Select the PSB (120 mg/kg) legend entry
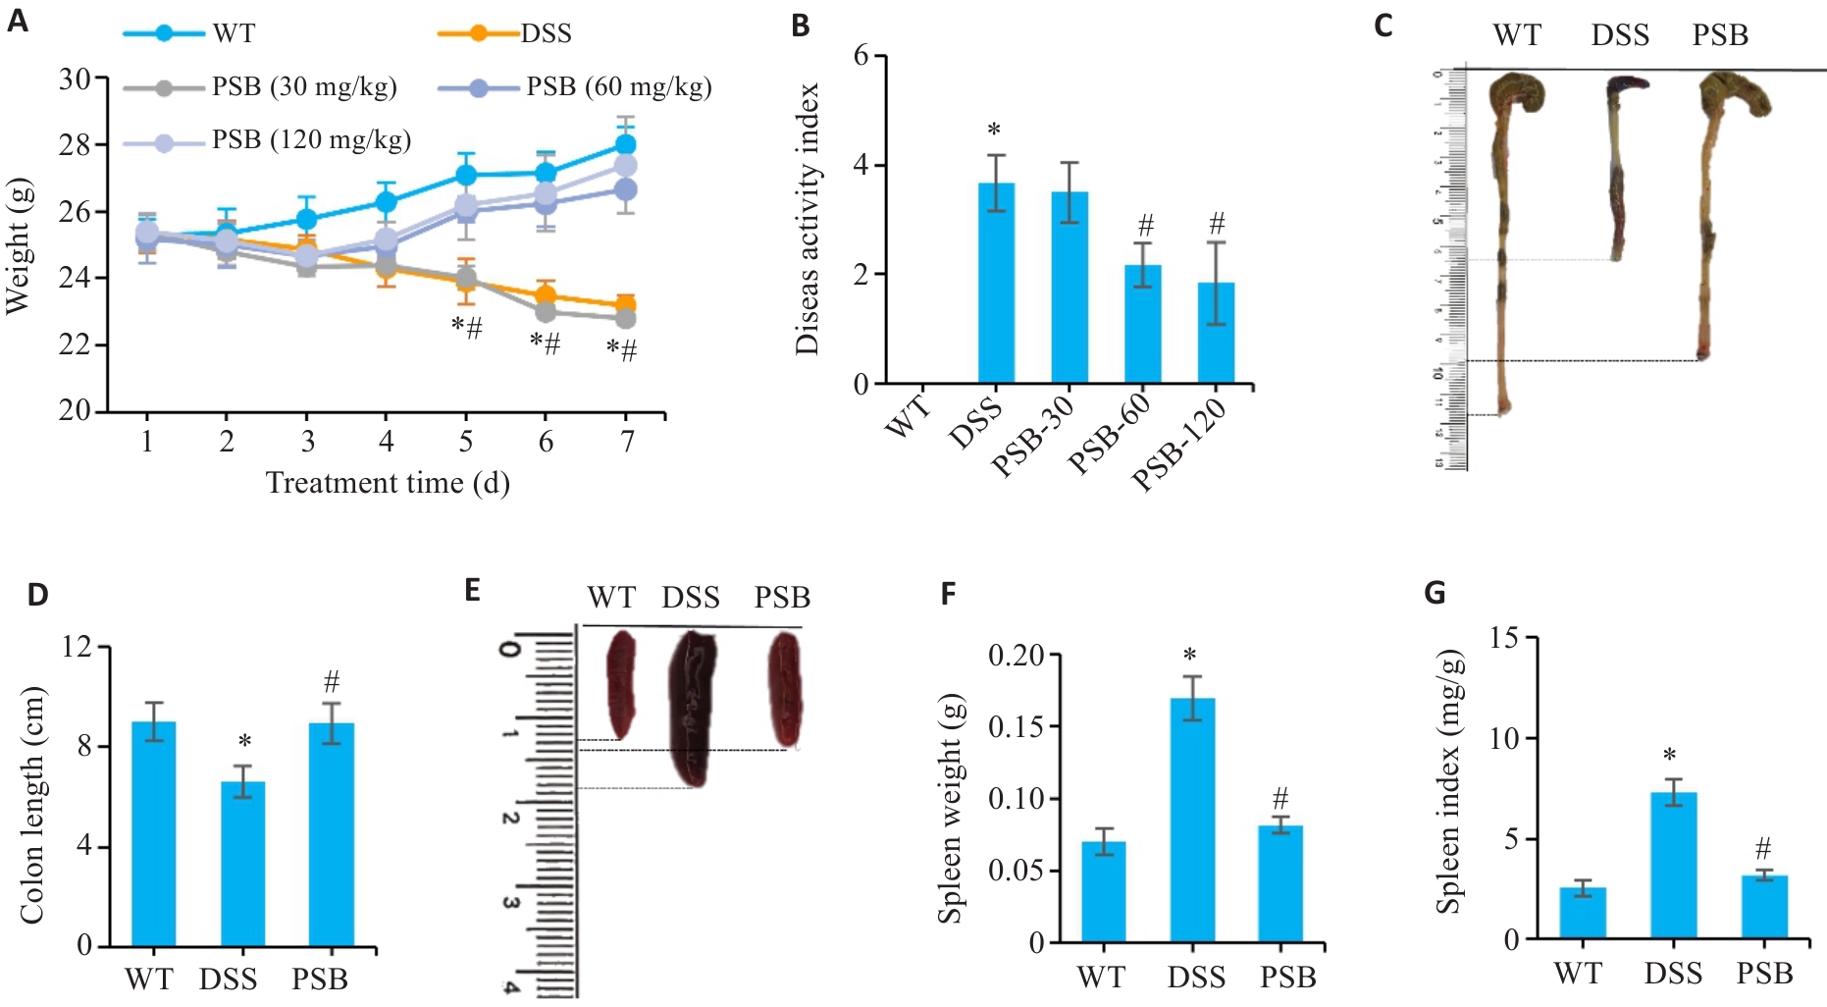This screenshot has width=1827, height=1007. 311,140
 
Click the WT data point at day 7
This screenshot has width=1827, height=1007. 626,145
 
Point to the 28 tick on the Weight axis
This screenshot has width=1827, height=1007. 75,145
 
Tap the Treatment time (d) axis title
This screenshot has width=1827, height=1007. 388,483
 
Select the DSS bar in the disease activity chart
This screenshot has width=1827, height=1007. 996,283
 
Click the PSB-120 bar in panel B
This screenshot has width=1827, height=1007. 1216,333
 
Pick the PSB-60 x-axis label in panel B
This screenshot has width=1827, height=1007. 1109,432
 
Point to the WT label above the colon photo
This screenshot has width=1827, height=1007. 1517,35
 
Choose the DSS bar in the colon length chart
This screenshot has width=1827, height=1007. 242,864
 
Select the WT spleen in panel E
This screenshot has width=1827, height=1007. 620,684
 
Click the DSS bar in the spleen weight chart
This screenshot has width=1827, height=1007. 1192,821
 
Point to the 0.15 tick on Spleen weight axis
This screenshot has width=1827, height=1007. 1016,726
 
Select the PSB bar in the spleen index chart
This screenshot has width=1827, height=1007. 1764,907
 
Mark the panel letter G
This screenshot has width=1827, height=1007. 1434,593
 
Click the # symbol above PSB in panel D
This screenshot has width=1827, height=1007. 332,681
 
